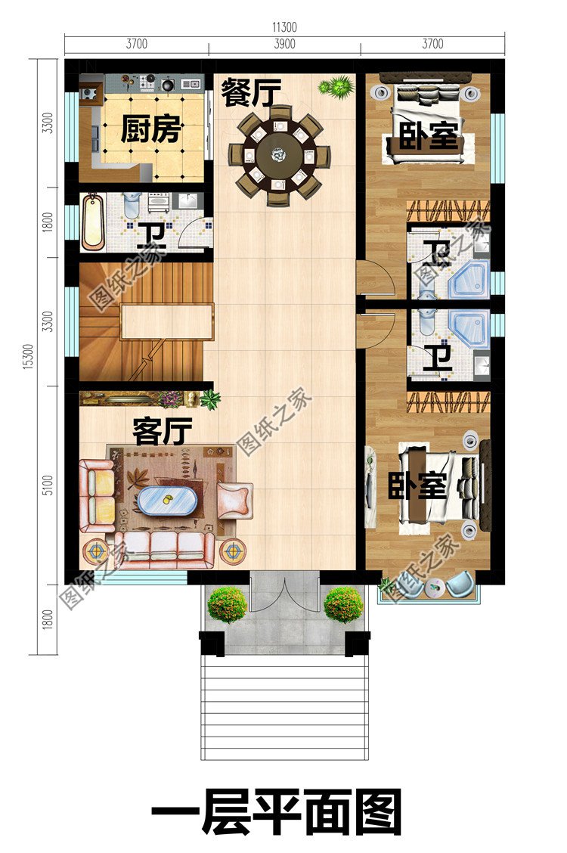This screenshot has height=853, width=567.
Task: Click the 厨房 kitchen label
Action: pyautogui.click(x=150, y=131)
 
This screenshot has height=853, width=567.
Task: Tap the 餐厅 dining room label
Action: pyautogui.click(x=251, y=94)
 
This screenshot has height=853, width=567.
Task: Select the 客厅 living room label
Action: pyautogui.click(x=162, y=432)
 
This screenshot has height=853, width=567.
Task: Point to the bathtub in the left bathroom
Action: pyautogui.click(x=94, y=222)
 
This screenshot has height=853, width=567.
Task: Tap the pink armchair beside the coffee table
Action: pyautogui.click(x=234, y=501)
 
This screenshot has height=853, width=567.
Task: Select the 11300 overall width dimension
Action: pyautogui.click(x=284, y=27)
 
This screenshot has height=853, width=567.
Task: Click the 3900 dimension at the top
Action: pyautogui.click(x=283, y=44)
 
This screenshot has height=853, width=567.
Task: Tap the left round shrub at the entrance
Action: pyautogui.click(x=227, y=604)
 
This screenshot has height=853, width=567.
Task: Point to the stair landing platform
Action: pyautogui.click(x=166, y=321)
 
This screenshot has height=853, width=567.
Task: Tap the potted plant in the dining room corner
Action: pyautogui.click(x=336, y=86)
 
